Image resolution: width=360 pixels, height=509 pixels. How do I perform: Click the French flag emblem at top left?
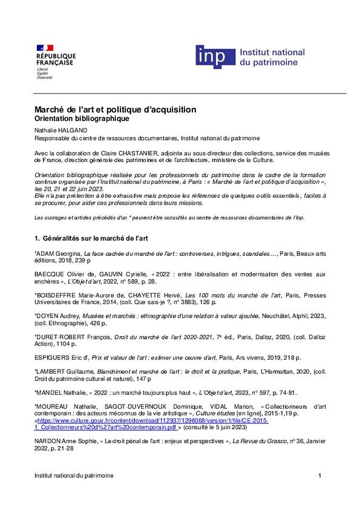pyautogui.click(x=45, y=48)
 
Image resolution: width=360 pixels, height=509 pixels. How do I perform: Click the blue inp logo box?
pyautogui.click(x=215, y=57)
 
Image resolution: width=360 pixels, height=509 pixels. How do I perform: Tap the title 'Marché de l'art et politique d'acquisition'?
pyautogui.click(x=115, y=110)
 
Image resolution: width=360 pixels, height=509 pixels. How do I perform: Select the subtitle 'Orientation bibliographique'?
pyautogui.click(x=82, y=119)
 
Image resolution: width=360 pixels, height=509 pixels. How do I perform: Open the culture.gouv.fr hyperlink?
pyautogui.click(x=153, y=421)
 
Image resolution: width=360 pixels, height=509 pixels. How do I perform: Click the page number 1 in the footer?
pyautogui.click(x=320, y=476)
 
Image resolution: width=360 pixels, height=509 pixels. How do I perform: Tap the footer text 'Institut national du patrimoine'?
pyautogui.click(x=74, y=476)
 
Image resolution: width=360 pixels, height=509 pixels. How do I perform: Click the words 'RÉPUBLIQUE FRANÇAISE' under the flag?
pyautogui.click(x=56, y=59)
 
